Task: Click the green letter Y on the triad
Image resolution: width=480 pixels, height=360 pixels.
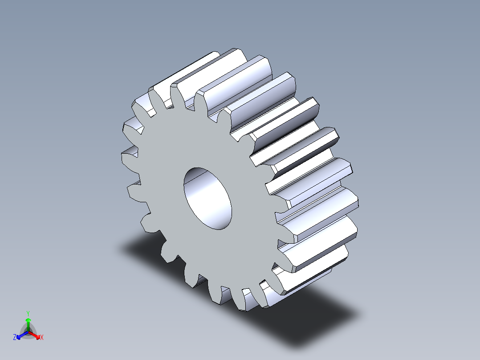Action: (x=28, y=313)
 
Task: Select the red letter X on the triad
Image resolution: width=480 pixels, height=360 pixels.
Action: (x=41, y=338)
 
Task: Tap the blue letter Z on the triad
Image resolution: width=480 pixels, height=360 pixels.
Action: (x=15, y=338)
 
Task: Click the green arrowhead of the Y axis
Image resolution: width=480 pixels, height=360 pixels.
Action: (x=28, y=320)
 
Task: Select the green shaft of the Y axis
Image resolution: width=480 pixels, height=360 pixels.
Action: (x=28, y=327)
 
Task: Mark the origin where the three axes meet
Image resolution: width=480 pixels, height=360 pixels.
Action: (x=28, y=332)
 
